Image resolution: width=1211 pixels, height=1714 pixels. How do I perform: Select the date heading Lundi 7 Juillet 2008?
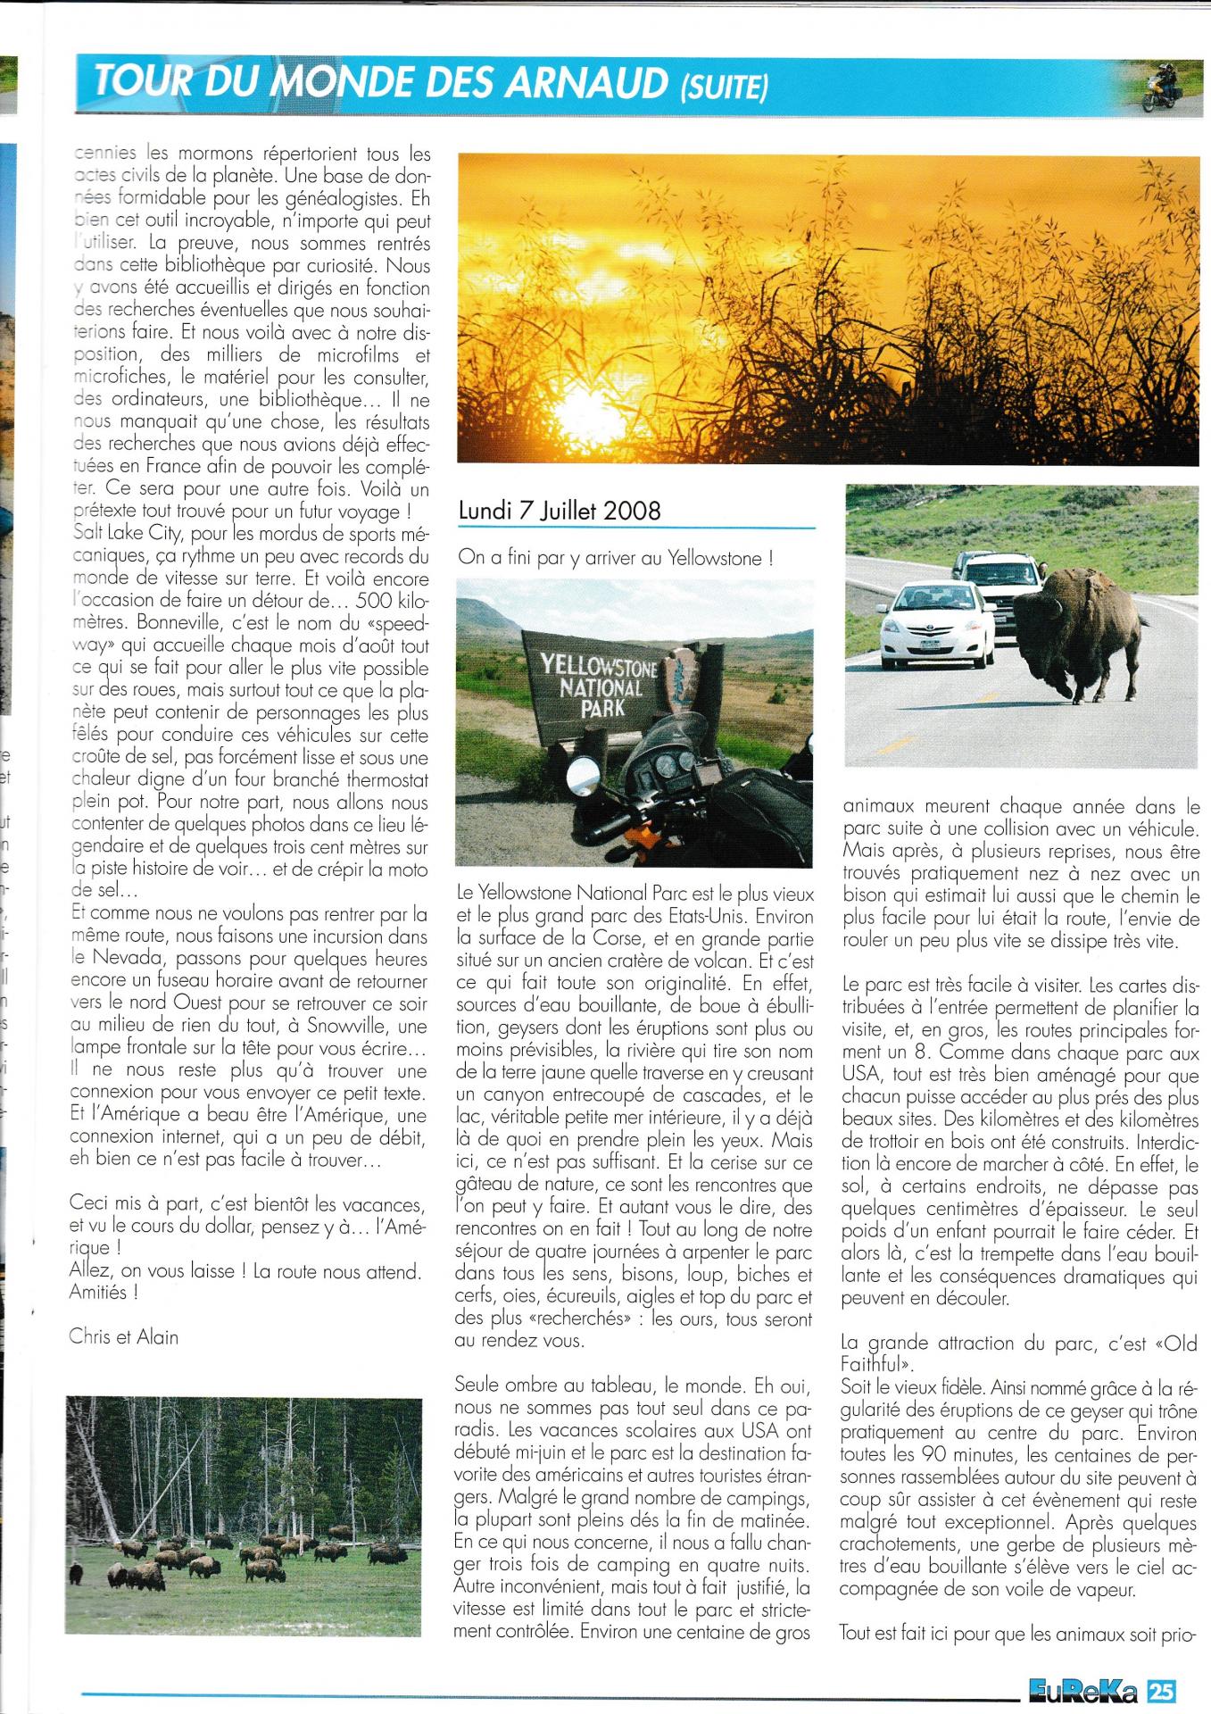(x=560, y=511)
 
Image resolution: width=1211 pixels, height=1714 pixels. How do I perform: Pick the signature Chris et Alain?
(x=123, y=1336)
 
